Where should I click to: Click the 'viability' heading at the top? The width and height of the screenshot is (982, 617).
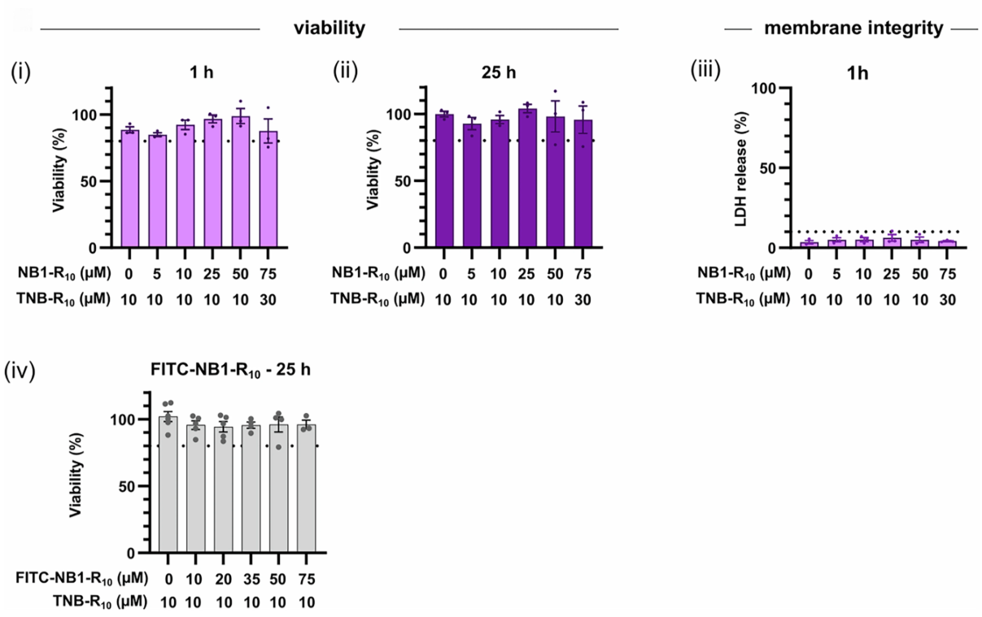point(330,28)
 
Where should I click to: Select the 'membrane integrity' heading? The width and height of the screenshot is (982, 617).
point(853,28)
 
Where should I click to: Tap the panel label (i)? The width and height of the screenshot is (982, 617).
point(20,72)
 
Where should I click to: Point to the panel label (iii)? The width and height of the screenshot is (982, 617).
point(705,72)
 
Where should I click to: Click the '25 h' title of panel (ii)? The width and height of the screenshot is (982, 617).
point(500,72)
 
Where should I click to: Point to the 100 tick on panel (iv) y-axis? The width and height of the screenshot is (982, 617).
point(129,420)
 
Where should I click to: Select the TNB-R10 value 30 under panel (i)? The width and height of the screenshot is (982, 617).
point(268,298)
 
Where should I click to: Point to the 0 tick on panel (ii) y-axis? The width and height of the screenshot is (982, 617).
point(418,248)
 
